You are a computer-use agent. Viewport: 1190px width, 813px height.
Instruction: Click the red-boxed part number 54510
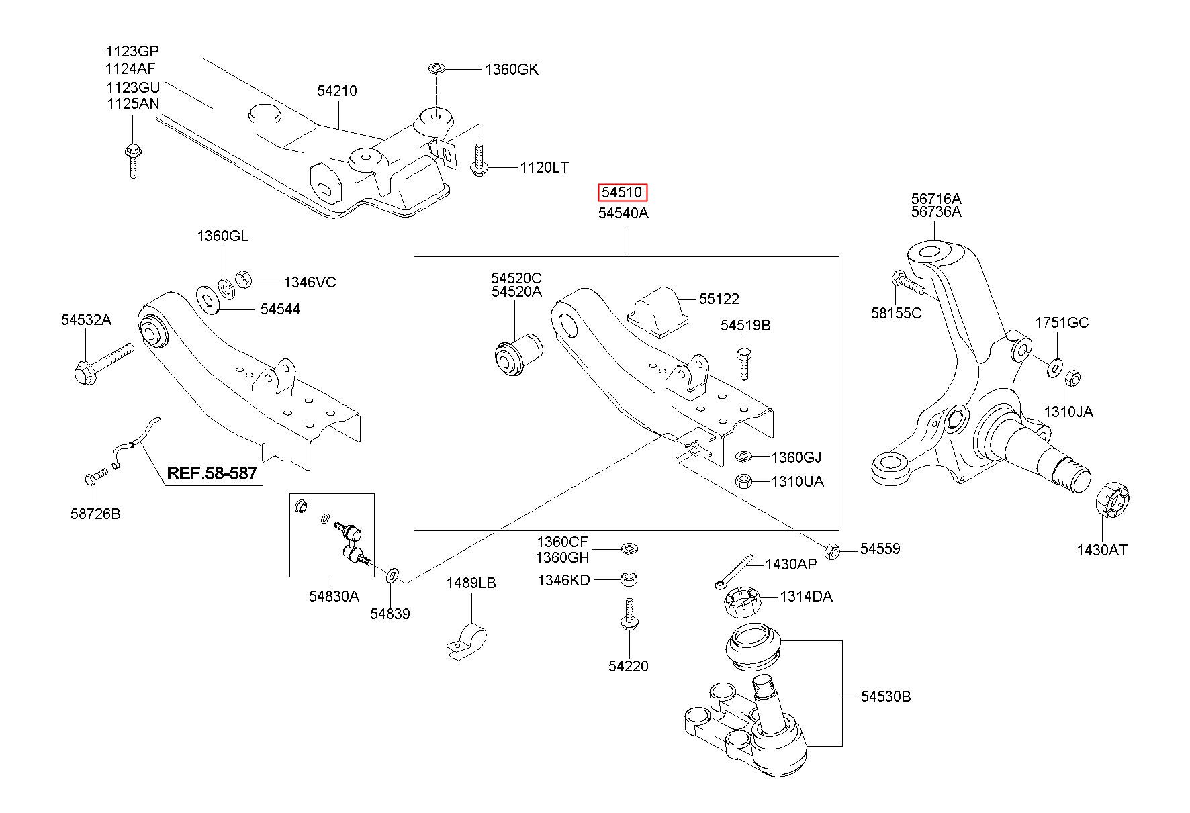(623, 193)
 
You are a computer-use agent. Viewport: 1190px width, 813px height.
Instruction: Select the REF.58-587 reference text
(212, 473)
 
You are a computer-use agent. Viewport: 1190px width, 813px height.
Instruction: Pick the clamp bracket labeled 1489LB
(467, 640)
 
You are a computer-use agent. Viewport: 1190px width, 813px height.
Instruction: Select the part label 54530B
(886, 697)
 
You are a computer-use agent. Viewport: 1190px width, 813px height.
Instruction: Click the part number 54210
(337, 91)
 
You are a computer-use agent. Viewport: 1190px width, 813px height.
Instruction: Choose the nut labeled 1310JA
(1072, 378)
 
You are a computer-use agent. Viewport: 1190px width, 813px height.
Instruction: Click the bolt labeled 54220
(629, 614)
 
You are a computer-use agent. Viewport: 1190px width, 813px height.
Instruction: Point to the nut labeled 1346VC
(244, 279)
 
